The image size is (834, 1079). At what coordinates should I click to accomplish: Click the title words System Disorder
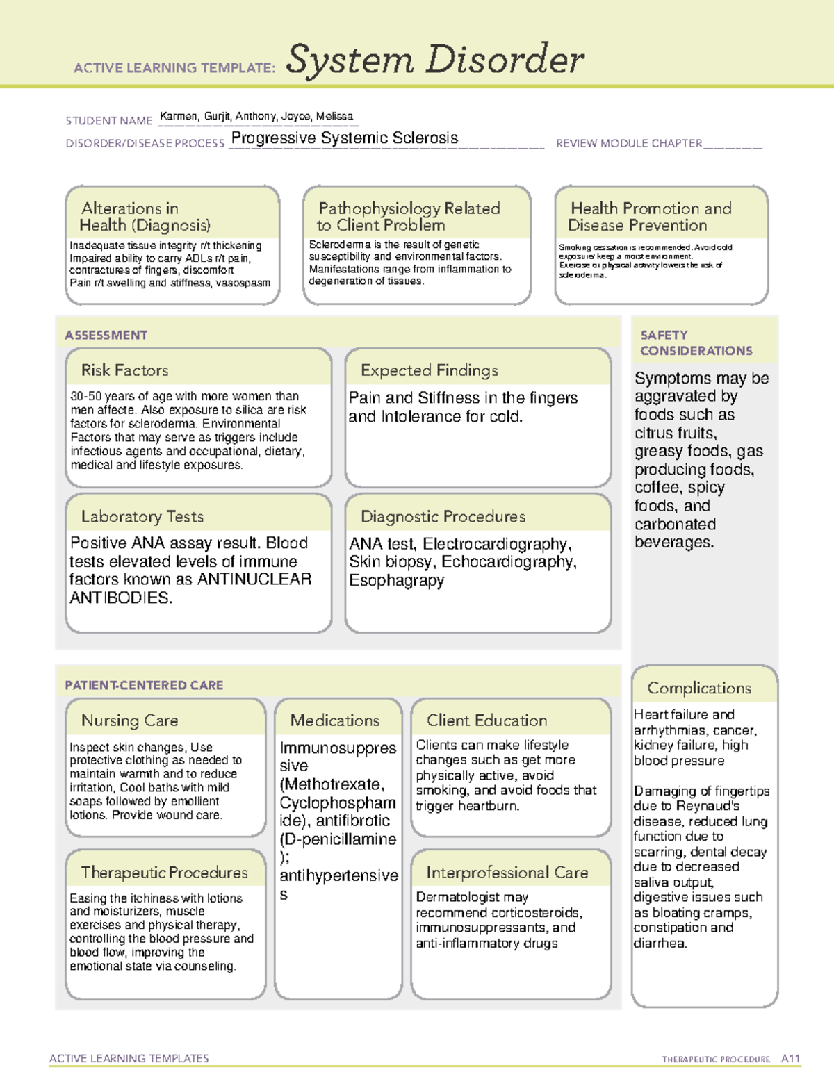coord(435,60)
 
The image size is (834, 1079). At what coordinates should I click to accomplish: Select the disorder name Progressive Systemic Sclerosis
coord(344,138)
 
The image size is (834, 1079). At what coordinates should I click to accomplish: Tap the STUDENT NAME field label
coord(109,121)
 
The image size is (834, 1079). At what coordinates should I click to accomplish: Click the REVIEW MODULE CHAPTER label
coord(629,143)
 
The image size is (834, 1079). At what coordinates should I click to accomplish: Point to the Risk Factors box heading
coord(125,370)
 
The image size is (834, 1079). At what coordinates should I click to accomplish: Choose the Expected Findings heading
coord(429,370)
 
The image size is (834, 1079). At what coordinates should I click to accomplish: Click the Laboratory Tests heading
coord(142,516)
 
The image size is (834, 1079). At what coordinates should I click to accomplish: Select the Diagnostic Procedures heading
coord(443,516)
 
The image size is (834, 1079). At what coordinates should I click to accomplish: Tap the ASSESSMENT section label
coord(106,335)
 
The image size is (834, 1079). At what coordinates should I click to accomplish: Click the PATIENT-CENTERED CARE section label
coord(144,685)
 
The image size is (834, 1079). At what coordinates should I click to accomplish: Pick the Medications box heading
coord(334,720)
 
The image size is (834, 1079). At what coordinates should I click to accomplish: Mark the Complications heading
coord(699,688)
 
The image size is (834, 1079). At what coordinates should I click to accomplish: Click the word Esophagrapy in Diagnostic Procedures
coord(396,580)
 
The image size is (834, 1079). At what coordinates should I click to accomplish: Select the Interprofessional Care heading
coord(507,872)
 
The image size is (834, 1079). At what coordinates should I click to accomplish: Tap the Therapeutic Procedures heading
coord(164,872)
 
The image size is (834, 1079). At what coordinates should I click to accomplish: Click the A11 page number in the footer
coord(790,1059)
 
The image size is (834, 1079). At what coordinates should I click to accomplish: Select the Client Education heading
coord(486,720)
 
